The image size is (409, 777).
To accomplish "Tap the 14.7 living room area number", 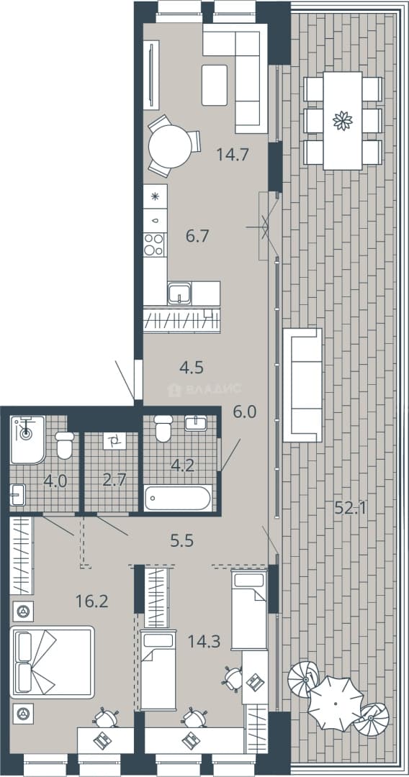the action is tap(232, 155).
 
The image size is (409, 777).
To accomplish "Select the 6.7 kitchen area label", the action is tap(196, 236).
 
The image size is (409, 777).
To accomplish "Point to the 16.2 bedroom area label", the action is tap(91, 601).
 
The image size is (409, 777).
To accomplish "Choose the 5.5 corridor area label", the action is tap(181, 540).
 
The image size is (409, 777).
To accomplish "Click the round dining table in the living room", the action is tap(170, 146).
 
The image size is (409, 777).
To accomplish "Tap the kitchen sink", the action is tap(179, 293).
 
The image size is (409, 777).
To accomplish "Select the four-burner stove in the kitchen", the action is tap(155, 245).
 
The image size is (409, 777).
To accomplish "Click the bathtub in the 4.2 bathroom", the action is tap(178, 498).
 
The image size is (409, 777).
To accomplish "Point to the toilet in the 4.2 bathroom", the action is tap(163, 428).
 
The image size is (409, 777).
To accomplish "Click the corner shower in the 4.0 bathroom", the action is tap(27, 440).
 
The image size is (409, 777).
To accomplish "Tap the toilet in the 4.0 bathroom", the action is tap(65, 445).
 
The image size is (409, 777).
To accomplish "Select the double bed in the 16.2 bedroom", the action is tap(52, 662).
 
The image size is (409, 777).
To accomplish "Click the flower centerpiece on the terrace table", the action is tap(343, 120).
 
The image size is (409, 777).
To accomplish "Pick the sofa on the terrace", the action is tap(302, 385).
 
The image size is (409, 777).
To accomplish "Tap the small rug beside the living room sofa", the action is tap(215, 85).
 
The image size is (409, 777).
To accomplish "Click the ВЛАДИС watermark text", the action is tap(214, 389).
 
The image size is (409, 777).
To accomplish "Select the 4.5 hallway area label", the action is tap(192, 368).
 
